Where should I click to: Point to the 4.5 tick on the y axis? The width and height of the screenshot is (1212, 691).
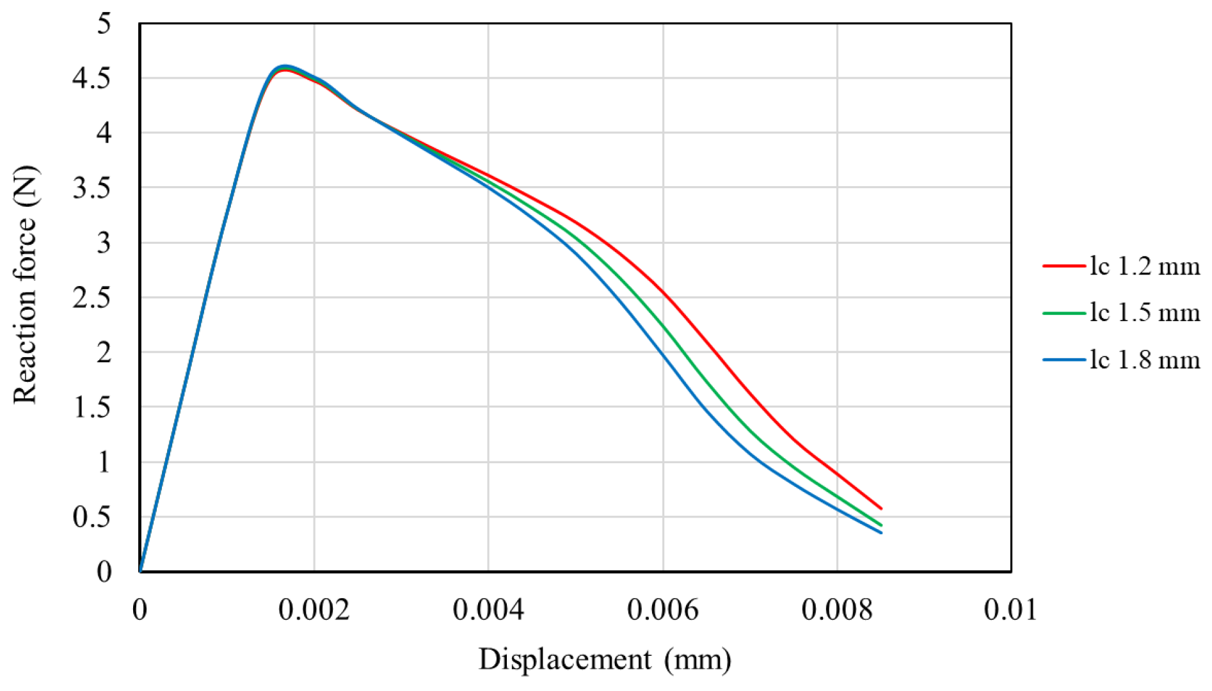92,78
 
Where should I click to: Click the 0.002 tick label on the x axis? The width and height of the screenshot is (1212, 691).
314,610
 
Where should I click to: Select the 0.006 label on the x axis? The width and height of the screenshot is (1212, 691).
663,610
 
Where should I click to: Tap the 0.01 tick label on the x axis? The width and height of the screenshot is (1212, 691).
1010,610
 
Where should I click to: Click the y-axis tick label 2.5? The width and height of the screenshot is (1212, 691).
92,298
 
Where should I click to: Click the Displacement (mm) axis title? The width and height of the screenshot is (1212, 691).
605,660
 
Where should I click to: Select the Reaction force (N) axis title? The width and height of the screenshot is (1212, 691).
26,285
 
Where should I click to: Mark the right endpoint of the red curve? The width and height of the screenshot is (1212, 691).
881,509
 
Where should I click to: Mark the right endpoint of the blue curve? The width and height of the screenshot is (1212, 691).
881,532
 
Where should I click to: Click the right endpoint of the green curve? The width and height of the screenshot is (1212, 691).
881,525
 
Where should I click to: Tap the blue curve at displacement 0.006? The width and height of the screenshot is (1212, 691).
663,353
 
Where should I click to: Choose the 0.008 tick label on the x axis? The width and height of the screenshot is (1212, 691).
837,610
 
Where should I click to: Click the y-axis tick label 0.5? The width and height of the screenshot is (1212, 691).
92,517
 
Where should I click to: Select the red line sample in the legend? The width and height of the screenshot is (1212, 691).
1064,266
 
